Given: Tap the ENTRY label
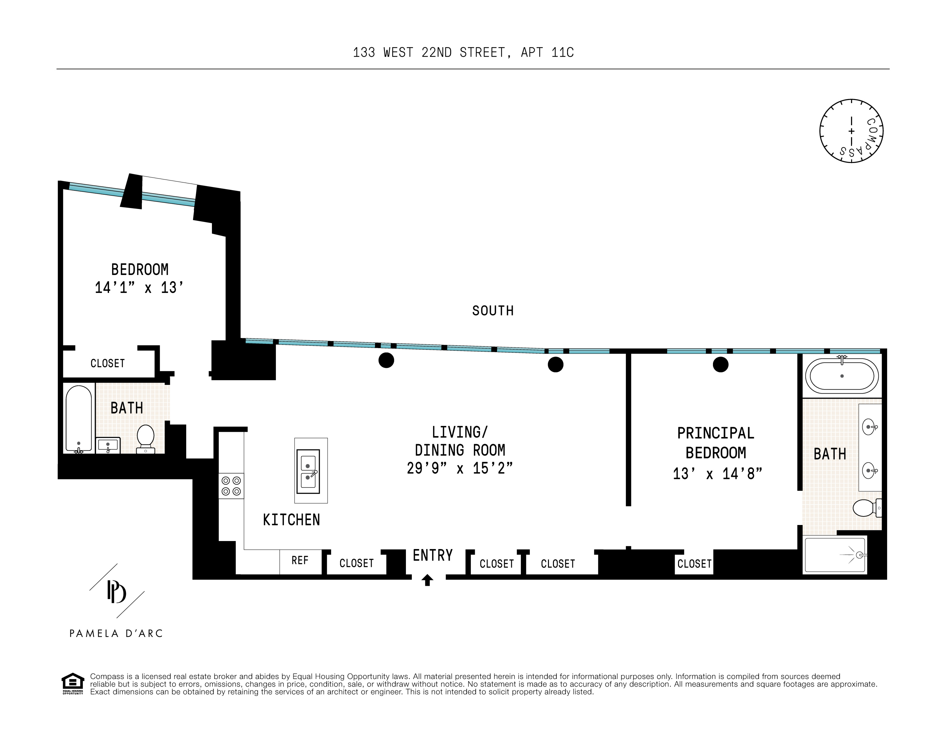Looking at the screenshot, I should coord(433,555).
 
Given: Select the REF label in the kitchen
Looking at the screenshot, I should coord(300,560).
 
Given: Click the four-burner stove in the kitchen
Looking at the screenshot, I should coord(231,486).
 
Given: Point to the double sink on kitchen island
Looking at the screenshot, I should coord(308,472).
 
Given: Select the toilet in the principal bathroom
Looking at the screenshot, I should coord(866,508).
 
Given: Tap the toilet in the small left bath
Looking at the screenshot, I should coord(146,438).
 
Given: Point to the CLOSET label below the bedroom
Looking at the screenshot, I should coord(107,364).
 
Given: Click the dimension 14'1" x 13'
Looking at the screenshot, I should coord(139,288).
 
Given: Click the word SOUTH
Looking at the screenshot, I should coord(493,311).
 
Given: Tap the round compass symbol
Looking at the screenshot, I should coord(851,131).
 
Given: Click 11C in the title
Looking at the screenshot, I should coord(562,53).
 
